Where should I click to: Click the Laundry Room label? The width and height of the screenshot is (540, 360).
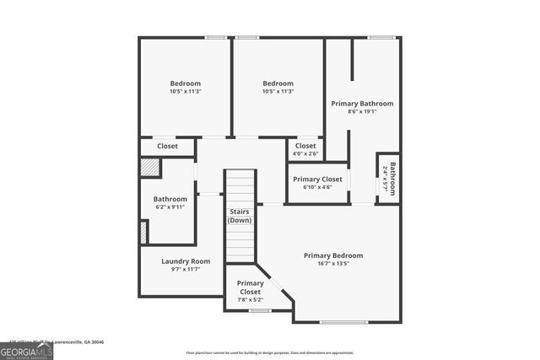186,261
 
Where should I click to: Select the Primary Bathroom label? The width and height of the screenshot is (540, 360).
362,104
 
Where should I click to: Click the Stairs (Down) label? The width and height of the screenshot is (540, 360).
240,216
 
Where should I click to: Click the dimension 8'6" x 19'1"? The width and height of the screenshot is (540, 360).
362,111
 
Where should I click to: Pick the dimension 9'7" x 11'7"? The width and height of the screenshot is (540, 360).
186,270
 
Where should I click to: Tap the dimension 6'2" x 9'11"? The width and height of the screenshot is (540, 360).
170,207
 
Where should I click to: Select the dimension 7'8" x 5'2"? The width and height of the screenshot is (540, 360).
250,300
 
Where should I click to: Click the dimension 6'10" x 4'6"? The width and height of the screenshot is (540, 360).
317,187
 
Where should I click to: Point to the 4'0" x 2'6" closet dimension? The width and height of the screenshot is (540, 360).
305,153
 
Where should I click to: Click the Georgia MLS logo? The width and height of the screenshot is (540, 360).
26,349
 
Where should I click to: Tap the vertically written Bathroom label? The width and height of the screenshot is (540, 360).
392,177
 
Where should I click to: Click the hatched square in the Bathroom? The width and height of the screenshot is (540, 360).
149,167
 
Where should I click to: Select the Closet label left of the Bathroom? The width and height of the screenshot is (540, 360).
167,147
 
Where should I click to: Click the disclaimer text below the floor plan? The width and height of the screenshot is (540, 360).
269,352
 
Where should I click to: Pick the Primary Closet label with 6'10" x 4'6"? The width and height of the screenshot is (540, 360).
317,179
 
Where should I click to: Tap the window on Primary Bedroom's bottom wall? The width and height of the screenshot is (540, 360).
344,321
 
